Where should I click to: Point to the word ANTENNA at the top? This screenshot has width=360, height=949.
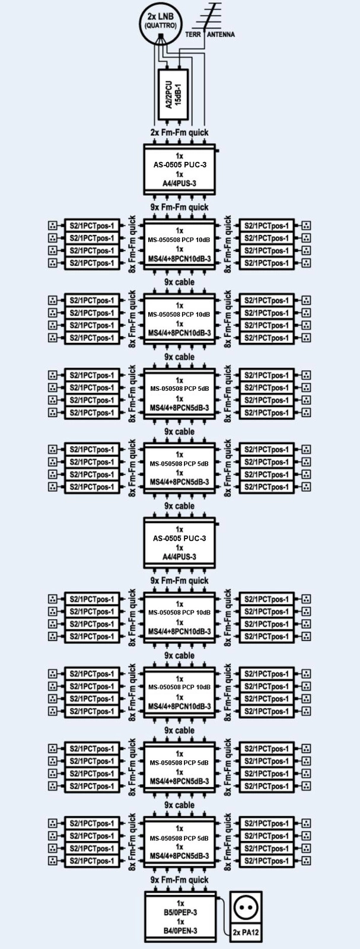click(221, 35)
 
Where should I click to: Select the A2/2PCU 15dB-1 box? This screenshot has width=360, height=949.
click(174, 95)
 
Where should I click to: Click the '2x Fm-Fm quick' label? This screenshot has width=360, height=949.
click(180, 133)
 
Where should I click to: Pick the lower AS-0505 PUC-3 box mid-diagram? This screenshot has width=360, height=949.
click(180, 543)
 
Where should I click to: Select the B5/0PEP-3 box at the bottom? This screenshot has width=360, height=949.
click(180, 916)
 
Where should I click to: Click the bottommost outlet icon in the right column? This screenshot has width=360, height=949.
click(306, 861)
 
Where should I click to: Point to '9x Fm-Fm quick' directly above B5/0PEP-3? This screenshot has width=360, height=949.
click(180, 880)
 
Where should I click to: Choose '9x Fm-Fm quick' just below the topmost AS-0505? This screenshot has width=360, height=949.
click(180, 208)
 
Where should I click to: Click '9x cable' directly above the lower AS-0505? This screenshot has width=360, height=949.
click(180, 507)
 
